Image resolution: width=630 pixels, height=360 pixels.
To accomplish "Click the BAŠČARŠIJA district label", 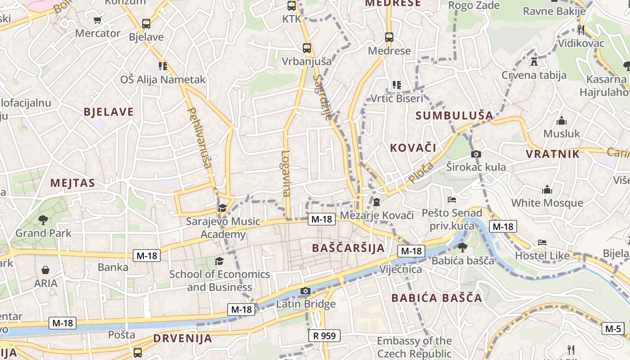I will (348, 248).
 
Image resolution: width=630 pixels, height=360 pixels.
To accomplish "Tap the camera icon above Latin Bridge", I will (306, 291).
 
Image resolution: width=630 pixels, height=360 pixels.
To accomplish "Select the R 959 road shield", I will (324, 335).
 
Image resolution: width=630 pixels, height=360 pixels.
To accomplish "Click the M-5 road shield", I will (613, 328).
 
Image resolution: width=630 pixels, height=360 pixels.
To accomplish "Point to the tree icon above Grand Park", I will (43, 220).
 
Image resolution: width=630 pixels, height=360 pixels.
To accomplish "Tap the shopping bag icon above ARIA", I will (45, 270).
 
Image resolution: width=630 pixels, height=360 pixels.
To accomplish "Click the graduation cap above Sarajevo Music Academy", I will (222, 208).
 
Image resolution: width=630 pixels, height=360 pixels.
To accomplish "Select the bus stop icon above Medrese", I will (389, 37).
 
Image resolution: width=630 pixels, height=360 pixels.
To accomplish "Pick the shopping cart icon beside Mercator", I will (98, 20).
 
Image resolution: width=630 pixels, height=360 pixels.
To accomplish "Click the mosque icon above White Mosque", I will (547, 189).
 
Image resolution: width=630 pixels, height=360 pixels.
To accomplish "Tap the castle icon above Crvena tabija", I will (534, 61).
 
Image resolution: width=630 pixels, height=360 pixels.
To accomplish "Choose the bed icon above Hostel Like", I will (542, 243).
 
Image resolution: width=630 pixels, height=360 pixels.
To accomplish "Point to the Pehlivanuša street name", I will (199, 138).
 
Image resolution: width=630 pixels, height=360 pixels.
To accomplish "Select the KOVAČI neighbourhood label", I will (413, 148).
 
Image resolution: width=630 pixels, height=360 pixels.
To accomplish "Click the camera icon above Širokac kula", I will (476, 154).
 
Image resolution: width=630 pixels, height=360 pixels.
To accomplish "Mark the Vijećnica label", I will (401, 270).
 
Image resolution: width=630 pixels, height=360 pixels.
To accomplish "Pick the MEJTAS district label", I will (72, 183).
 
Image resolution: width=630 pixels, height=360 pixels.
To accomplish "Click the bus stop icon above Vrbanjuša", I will (307, 48).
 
